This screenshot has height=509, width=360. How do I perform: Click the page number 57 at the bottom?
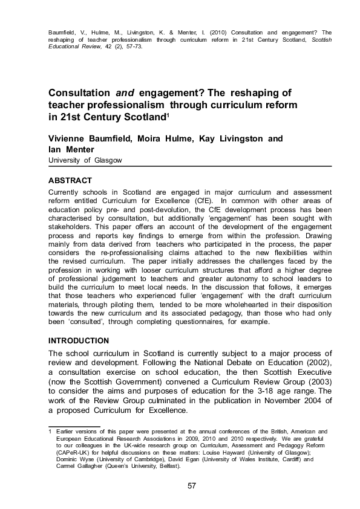coord(192,486)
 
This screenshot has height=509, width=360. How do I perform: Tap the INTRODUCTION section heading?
coord(79,340)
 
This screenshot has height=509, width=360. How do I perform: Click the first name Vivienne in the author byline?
coord(70,139)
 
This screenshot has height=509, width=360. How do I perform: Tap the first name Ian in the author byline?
coord(56,149)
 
